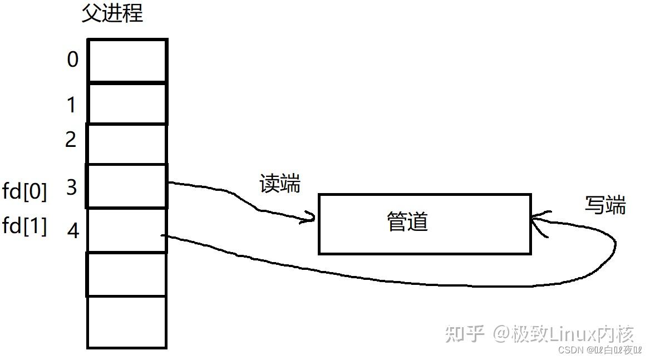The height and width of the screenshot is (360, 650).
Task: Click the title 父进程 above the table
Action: (112, 13)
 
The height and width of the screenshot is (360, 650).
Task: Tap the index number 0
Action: (73, 60)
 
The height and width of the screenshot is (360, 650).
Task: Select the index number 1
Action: (71, 104)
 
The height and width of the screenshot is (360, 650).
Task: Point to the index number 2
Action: (71, 139)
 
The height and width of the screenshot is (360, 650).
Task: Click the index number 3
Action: (71, 188)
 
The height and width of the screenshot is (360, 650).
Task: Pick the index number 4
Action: (73, 230)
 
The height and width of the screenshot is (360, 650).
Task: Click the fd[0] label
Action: (25, 192)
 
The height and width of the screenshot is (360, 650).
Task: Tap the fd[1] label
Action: (25, 226)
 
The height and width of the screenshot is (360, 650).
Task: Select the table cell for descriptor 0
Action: (127, 61)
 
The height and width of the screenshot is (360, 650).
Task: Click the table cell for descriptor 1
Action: (127, 103)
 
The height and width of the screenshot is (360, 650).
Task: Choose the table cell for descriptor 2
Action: (127, 144)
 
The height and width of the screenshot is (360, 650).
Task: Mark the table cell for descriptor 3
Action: (127, 186)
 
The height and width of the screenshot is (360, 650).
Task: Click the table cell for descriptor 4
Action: (127, 230)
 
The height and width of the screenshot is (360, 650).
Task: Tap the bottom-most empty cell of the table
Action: (127, 322)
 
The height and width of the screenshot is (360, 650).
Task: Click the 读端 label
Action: (280, 184)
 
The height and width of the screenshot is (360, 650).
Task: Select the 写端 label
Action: (605, 205)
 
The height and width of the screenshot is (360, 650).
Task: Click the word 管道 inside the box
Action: (408, 222)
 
